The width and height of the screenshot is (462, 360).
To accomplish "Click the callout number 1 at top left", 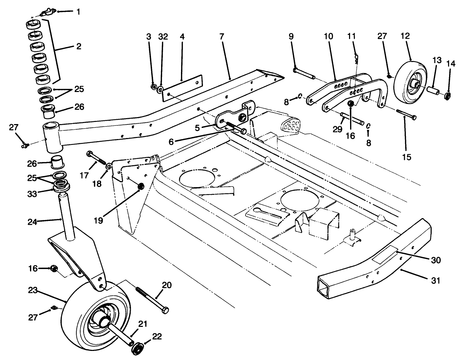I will coord(78,12).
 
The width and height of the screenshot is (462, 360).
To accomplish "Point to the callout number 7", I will coord(222,36).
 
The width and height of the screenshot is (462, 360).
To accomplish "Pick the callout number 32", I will coord(163,36).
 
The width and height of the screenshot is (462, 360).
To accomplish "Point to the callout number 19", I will coord(99,221).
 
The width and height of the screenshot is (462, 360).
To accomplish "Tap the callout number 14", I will coord(451,64).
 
